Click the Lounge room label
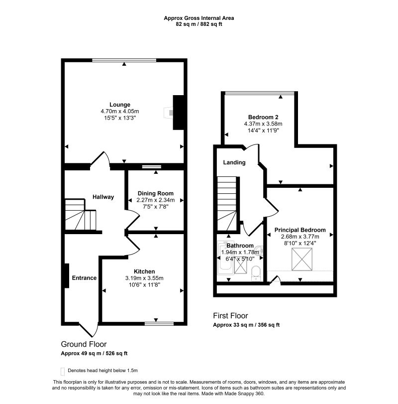click(119, 105)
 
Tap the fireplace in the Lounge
click(168, 113)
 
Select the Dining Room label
click(155, 193)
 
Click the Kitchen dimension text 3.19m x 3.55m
click(144, 278)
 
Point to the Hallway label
click(103, 197)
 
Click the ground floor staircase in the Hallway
click(80, 214)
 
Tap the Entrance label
click(84, 278)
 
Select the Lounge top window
click(124, 60)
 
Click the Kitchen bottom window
click(159, 324)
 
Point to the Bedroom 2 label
click(263, 117)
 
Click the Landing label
click(234, 162)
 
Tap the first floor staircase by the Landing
click(227, 203)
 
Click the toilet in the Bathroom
click(256, 273)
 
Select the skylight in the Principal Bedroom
click(302, 259)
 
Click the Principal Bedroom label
click(300, 230)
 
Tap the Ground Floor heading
click(84, 344)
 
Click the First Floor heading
click(230, 316)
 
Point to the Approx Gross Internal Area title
click(199, 18)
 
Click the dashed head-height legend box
click(63, 372)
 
